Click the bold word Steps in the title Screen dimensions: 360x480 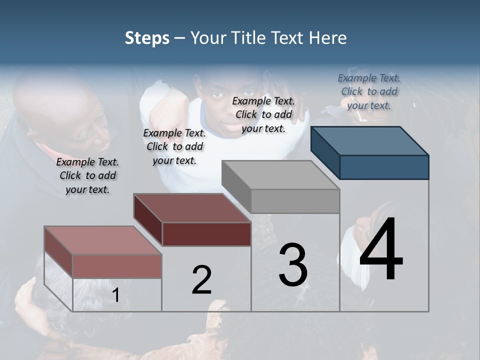147,38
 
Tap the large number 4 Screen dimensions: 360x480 381,249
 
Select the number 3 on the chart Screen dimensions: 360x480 293,264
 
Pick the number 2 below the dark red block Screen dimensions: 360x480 201,279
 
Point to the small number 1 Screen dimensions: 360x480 115,295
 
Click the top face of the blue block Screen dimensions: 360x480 369,140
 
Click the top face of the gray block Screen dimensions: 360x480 280,175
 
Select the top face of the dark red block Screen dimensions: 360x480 192,208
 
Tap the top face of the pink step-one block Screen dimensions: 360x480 102,240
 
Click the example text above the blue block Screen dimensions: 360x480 369,91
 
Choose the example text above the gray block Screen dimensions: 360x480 263,114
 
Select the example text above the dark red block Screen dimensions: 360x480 174,146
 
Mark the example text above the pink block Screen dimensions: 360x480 87,175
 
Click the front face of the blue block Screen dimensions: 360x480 384,167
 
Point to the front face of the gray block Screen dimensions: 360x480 295,201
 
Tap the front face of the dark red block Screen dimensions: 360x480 206,234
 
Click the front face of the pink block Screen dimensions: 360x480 117,266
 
